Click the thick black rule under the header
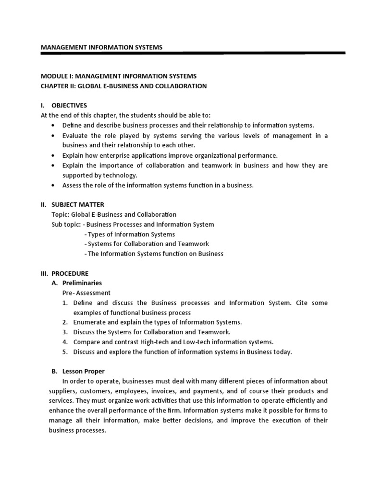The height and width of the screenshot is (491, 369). (192, 53)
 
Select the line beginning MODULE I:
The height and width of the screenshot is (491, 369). (118, 76)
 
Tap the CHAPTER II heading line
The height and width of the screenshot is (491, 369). (123, 86)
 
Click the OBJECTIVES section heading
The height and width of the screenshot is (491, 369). (70, 105)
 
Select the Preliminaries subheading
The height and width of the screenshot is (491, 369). (82, 283)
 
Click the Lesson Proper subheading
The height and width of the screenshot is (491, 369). (84, 371)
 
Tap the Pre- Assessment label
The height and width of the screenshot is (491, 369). (86, 292)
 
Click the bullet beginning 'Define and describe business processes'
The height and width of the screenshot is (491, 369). (188, 125)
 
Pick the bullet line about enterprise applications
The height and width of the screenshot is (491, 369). (170, 155)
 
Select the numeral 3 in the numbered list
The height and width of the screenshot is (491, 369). (64, 332)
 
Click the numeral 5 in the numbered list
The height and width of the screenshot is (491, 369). (64, 352)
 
